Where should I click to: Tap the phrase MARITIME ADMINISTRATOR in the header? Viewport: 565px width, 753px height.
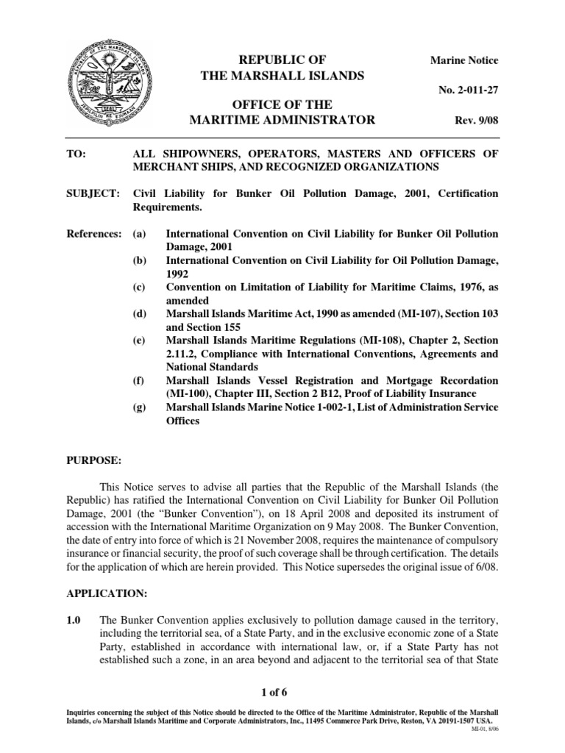tap(282, 120)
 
